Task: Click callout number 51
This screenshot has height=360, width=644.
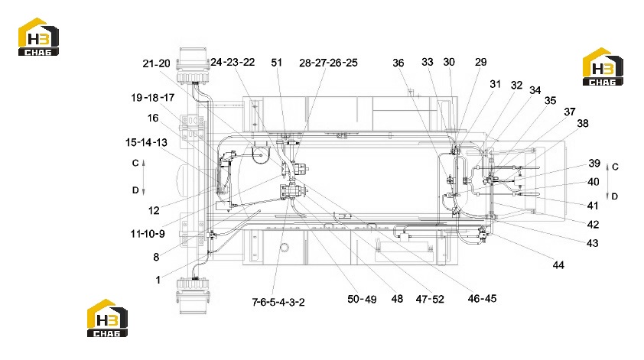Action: click(276, 63)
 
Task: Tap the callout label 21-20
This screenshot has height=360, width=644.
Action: click(156, 63)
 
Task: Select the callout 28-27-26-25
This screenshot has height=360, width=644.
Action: click(328, 63)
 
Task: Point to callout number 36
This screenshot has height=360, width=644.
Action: click(398, 63)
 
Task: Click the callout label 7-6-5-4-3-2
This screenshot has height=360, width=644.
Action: click(278, 303)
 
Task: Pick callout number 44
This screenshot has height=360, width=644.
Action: click(558, 265)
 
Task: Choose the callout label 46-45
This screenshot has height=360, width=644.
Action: click(482, 298)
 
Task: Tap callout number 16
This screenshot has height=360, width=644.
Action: click(153, 118)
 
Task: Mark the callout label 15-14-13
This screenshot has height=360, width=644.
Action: click(146, 142)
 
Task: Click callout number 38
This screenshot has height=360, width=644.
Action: click(582, 123)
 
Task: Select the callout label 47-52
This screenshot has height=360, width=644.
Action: click(430, 300)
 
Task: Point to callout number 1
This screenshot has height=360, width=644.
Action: click(158, 280)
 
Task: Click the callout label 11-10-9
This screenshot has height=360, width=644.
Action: click(148, 234)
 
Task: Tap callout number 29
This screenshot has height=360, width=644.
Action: click(480, 62)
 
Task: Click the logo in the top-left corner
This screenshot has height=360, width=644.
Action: click(38, 37)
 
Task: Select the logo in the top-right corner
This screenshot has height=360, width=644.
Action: click(603, 66)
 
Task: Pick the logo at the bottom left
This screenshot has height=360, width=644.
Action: click(107, 318)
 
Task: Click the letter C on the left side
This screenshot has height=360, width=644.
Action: click(135, 163)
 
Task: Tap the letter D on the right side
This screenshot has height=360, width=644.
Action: click(614, 196)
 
